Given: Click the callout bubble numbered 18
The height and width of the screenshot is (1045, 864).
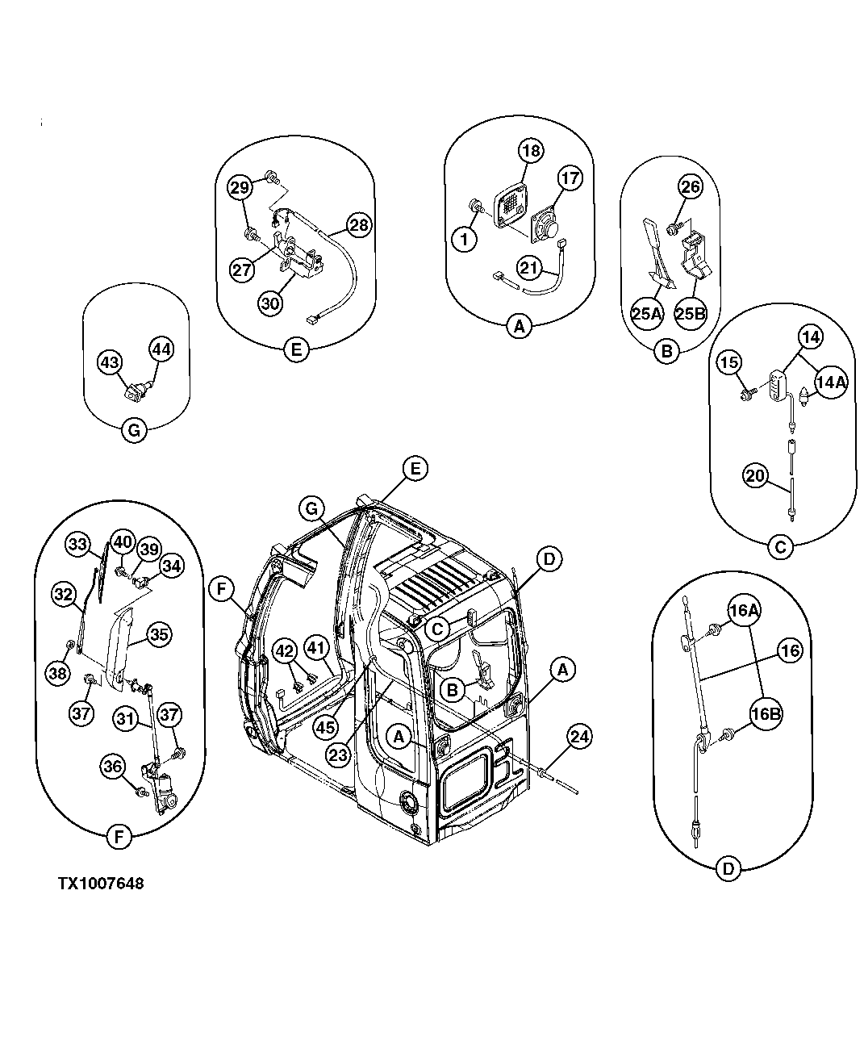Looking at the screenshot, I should [531, 151].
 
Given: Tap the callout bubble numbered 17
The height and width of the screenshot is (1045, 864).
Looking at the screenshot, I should [570, 178].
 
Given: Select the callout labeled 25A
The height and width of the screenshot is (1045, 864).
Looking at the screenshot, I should [647, 313].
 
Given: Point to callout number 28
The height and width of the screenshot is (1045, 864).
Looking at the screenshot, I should [359, 224].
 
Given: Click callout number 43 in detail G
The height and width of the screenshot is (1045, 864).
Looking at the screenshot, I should [111, 362].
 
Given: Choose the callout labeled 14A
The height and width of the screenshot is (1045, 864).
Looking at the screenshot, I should [829, 383].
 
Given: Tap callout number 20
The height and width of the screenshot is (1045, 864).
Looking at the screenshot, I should [754, 476].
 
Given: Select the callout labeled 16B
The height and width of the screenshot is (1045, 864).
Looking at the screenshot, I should [766, 713].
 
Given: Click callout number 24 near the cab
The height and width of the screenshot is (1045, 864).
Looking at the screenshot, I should [578, 736].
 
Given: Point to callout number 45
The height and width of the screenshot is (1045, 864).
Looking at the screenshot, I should [325, 726].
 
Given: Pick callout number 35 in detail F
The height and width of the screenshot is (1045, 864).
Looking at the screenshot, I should [159, 634].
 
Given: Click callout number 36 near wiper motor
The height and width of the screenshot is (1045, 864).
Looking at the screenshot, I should [113, 767].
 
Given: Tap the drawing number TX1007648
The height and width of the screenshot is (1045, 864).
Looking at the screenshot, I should [100, 884].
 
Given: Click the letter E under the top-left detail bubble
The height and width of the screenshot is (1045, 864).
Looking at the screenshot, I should [297, 350].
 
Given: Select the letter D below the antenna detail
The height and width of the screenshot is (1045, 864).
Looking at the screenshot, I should [728, 869].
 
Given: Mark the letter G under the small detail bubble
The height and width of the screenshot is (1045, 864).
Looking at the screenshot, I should [134, 431].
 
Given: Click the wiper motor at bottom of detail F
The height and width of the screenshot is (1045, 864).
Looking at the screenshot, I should [168, 789].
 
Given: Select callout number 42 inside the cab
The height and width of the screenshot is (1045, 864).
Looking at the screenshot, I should [283, 651].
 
